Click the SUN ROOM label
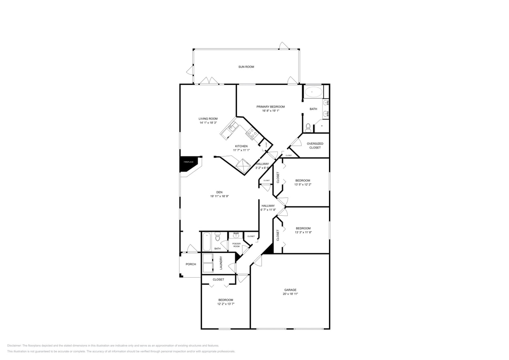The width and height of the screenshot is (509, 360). (246, 67)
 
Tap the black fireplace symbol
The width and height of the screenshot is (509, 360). (188, 162)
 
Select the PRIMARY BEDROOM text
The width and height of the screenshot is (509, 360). (271, 107)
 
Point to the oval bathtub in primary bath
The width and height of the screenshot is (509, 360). (313, 92)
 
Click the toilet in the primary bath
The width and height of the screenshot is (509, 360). (308, 128)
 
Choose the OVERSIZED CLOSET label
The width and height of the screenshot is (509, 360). (315, 146)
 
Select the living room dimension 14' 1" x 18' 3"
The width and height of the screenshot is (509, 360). (208, 123)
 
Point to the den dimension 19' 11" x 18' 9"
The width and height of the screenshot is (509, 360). (219, 196)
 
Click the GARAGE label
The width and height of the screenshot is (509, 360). (290, 290)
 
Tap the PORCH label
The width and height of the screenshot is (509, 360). (191, 264)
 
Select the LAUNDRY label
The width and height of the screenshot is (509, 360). (220, 263)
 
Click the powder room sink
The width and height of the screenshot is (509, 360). (236, 236)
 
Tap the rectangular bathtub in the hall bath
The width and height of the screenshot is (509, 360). (206, 242)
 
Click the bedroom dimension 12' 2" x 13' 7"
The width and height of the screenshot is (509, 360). (226, 304)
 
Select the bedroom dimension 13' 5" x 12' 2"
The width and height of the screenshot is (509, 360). (303, 185)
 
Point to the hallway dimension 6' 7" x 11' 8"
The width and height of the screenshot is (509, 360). (268, 210)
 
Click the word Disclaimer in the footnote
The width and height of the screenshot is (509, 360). (14, 346)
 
